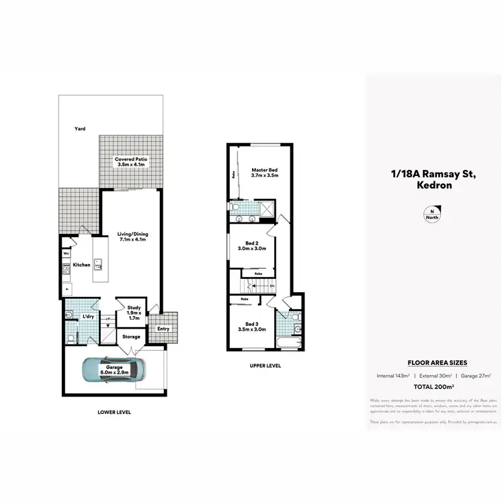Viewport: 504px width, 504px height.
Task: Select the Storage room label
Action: [x=131, y=336]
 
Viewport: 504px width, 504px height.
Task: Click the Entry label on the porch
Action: [x=163, y=329]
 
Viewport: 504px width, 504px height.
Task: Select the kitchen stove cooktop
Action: [x=67, y=271]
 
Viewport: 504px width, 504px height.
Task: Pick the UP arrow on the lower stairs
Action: [x=107, y=319]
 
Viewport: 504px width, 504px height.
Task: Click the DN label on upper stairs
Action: [x=271, y=286]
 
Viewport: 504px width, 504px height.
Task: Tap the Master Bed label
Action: [x=264, y=171]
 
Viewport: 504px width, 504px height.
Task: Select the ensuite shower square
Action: [x=265, y=210]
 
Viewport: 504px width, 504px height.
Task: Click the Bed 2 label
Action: [x=251, y=243]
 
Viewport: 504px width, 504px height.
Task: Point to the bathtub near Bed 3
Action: [x=290, y=343]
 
